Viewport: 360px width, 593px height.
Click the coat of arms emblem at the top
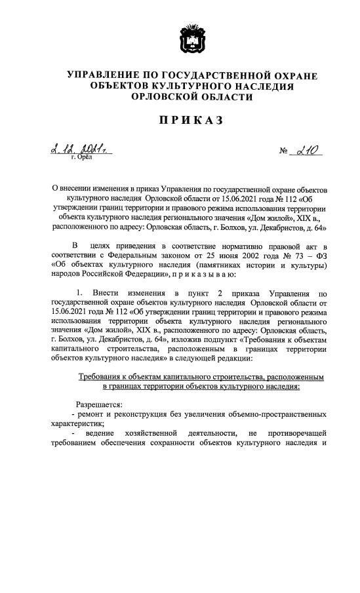[x=192, y=40]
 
